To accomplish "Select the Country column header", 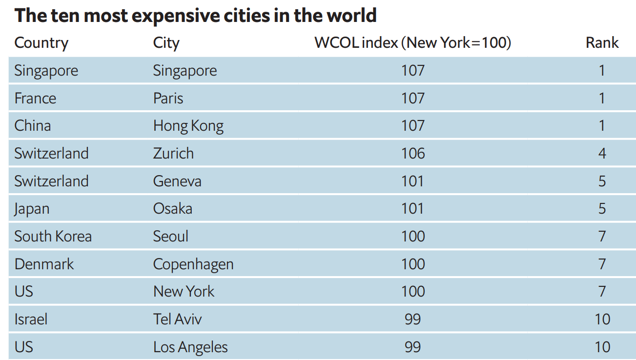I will (x=41, y=43).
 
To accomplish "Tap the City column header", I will (x=166, y=43).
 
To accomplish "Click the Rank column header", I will (x=602, y=43).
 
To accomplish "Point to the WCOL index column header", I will (x=412, y=43).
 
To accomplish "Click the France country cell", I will (x=35, y=98).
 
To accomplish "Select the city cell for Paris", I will (x=168, y=98).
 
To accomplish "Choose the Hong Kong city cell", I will (x=188, y=126).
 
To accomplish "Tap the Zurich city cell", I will (x=173, y=153).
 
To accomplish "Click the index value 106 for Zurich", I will (x=413, y=153).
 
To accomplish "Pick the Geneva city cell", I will (x=177, y=181).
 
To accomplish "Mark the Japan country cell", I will (x=32, y=209).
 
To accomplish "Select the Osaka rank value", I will (x=602, y=209).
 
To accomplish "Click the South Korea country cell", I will (x=53, y=237).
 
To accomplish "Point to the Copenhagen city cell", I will (x=193, y=264).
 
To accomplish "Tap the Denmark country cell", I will (x=44, y=264).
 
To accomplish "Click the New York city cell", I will (x=184, y=292).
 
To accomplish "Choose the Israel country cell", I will (x=31, y=320).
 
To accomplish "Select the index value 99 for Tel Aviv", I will (x=412, y=320).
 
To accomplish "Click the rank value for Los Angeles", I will (x=602, y=347).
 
